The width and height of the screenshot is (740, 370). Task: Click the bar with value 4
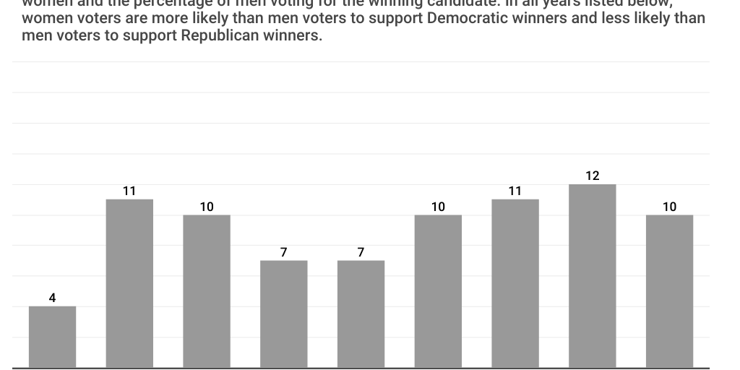(x=52, y=337)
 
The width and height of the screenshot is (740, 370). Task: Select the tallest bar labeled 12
(x=593, y=276)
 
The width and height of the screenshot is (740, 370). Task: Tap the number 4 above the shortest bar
(x=52, y=298)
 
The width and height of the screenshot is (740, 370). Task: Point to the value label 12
(x=593, y=176)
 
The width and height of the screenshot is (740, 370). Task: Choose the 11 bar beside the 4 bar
(x=129, y=283)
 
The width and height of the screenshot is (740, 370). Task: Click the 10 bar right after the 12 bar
(x=669, y=291)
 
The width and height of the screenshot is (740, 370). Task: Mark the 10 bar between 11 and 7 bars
(x=207, y=291)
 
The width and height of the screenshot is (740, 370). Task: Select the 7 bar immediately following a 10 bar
(x=284, y=314)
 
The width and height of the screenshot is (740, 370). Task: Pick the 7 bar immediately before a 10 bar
(x=361, y=314)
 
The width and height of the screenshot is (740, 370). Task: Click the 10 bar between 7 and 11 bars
(x=438, y=291)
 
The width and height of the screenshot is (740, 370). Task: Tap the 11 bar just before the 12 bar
(x=515, y=283)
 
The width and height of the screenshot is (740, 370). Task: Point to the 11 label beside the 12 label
(x=515, y=192)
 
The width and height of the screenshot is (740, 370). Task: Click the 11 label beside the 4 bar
(x=129, y=192)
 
